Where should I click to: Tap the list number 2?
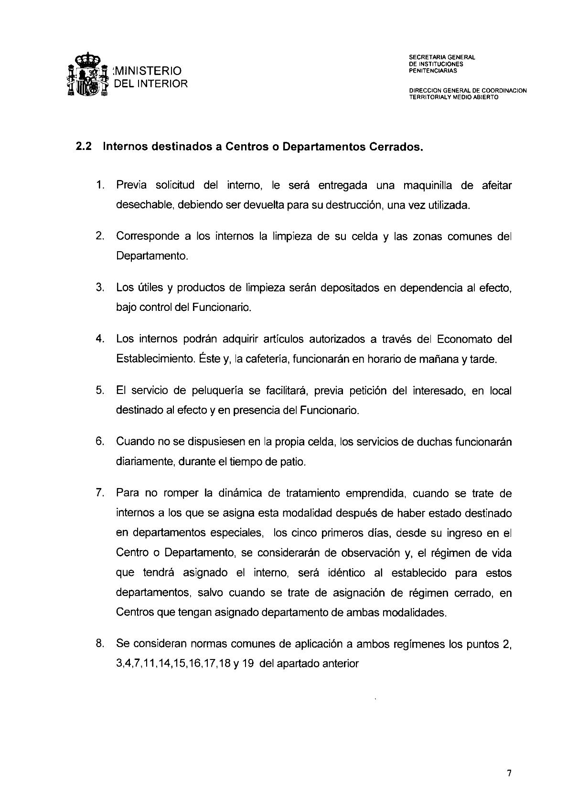click(99, 236)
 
